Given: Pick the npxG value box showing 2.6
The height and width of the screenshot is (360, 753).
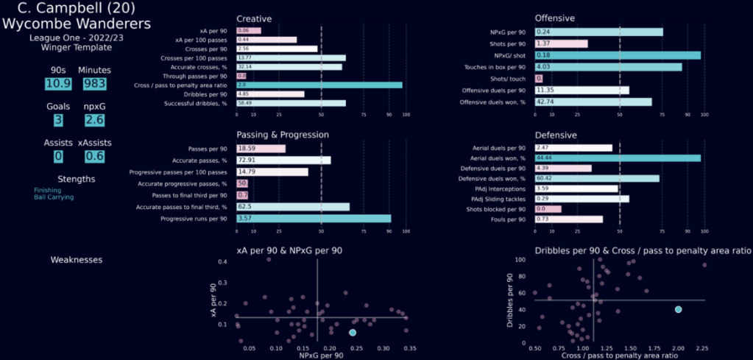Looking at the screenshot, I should coord(94,121).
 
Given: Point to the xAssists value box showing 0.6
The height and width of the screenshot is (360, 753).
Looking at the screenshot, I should coord(94,156).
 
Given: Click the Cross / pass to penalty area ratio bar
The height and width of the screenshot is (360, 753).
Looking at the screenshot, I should coord(319,85).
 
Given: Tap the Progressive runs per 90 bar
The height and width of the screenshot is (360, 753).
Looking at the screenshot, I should coord(314,219).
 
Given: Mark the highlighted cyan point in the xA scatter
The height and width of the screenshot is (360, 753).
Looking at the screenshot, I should coord(353,333).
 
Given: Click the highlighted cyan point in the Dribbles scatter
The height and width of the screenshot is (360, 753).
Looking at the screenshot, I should coord(678,309).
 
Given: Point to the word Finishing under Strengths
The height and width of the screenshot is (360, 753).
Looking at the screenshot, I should coord(69,189).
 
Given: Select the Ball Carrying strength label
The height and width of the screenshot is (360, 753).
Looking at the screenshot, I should coord(74,197).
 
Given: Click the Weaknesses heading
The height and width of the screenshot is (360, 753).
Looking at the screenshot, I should coord(76,260).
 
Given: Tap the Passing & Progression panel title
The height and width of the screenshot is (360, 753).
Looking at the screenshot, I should coord(283,135).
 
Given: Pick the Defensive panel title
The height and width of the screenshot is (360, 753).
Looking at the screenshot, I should coord(556,135).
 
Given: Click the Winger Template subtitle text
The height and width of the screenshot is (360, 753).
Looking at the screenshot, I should coord(77,47).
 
